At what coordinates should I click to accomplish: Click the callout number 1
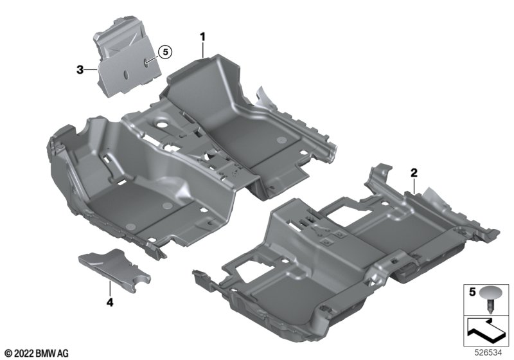coord(203,37)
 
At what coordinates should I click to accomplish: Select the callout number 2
coord(414,172)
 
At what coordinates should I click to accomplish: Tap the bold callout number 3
coord(80,69)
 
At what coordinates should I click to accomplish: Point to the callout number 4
coord(110,302)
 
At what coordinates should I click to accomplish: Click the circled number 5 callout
coord(165,52)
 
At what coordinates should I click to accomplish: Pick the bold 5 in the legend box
coord(472,292)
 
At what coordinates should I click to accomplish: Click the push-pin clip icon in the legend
coord(490,298)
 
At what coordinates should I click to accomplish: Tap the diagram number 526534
coord(488,353)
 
